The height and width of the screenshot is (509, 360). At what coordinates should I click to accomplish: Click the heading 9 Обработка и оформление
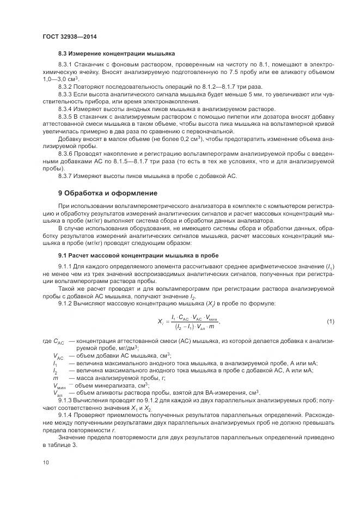tap(108, 193)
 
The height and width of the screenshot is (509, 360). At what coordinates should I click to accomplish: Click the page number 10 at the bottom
tap(46, 463)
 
